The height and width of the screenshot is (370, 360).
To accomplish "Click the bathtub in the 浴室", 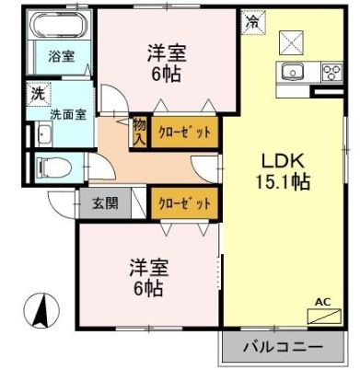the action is [60, 25].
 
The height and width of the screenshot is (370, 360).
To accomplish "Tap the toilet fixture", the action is [54, 168].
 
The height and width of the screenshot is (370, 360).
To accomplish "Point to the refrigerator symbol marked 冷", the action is [253, 22].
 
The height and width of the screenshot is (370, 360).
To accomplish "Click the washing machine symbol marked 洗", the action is [39, 94].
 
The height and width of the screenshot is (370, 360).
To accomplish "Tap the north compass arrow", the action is [41, 310].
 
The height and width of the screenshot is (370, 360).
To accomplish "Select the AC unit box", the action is [324, 317].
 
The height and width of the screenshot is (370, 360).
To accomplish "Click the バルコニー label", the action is [284, 347].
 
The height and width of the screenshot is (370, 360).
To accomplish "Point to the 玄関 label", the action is [105, 202].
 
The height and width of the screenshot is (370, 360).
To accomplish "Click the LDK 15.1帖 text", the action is [283, 171].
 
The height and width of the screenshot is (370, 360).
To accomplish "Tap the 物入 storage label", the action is [139, 133].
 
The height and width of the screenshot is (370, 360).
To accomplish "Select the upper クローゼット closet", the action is [184, 133].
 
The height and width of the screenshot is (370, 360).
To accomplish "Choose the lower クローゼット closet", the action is [184, 203].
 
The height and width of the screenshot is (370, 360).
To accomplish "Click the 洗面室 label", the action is [68, 115].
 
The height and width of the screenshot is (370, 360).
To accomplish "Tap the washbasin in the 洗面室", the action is [44, 133].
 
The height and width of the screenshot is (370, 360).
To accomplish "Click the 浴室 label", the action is [62, 56].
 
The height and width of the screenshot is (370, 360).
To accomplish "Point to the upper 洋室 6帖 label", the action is [167, 64].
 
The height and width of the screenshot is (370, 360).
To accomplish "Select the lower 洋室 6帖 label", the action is [149, 278].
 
